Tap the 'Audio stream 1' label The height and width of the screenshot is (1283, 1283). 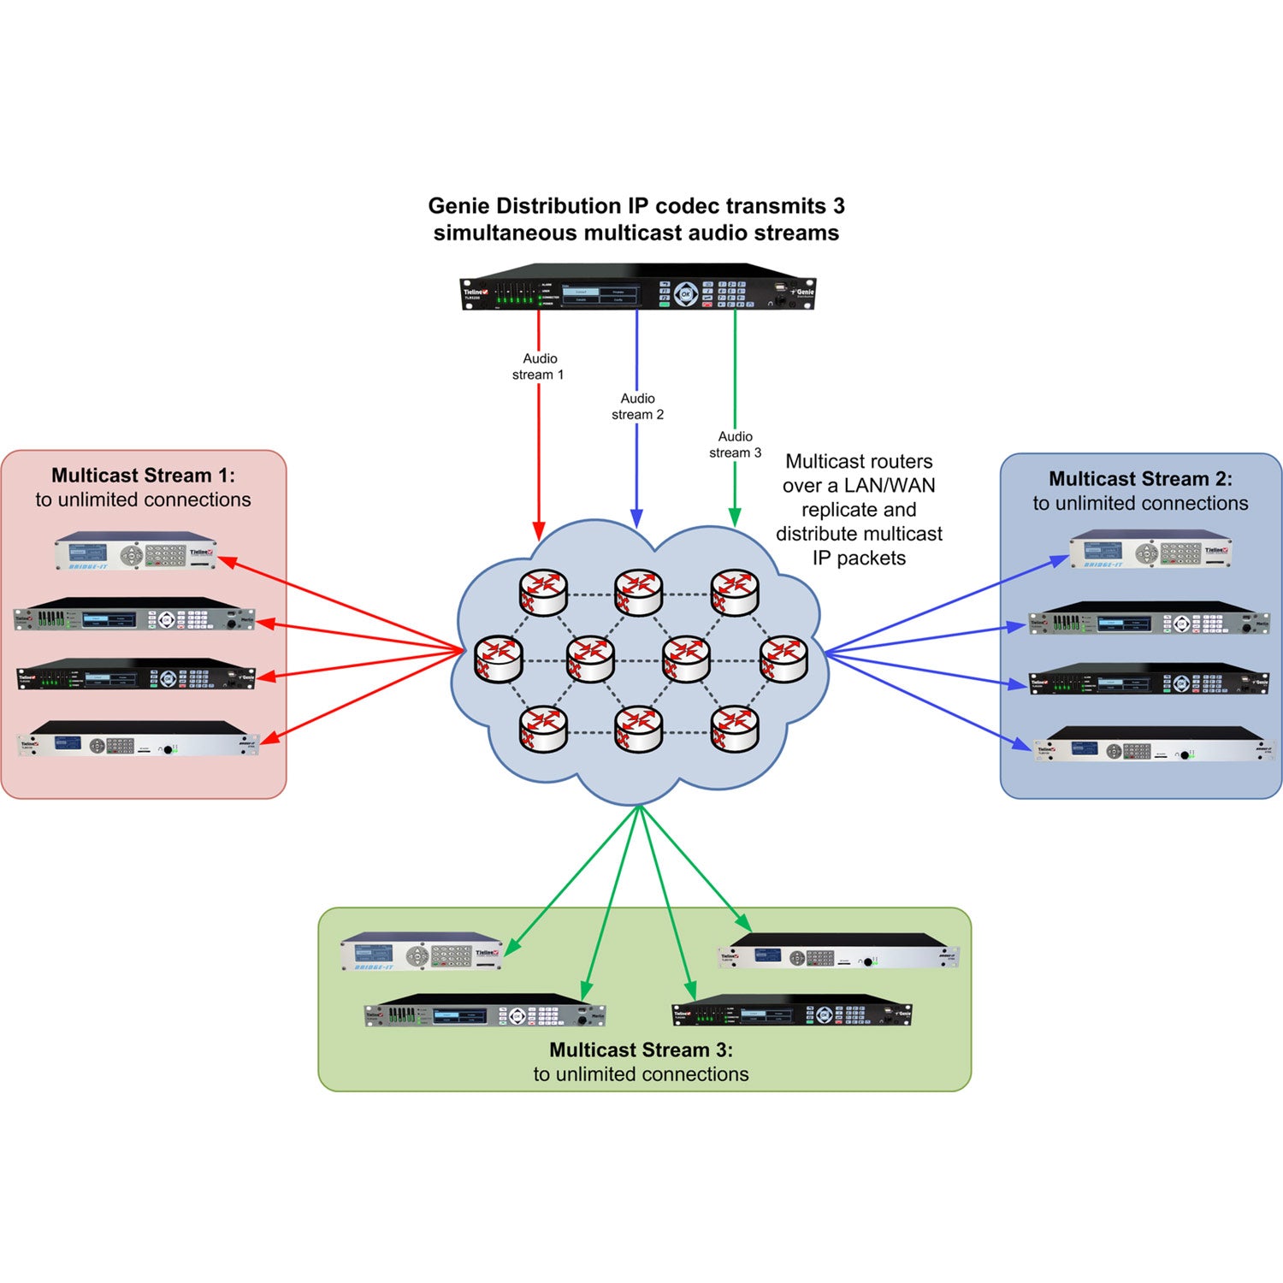[539, 367]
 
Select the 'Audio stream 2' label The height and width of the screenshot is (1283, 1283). [637, 406]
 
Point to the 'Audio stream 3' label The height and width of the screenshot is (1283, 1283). [735, 445]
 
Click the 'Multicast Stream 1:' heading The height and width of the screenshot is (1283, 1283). [143, 476]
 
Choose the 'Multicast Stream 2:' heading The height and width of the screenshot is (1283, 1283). [1140, 479]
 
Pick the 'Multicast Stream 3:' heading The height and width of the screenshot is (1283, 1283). [641, 1049]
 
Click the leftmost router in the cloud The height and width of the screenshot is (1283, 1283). [499, 659]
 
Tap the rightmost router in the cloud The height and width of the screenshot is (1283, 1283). [783, 659]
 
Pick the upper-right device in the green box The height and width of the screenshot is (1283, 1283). [838, 952]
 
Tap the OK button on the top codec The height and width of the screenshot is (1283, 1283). [685, 294]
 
